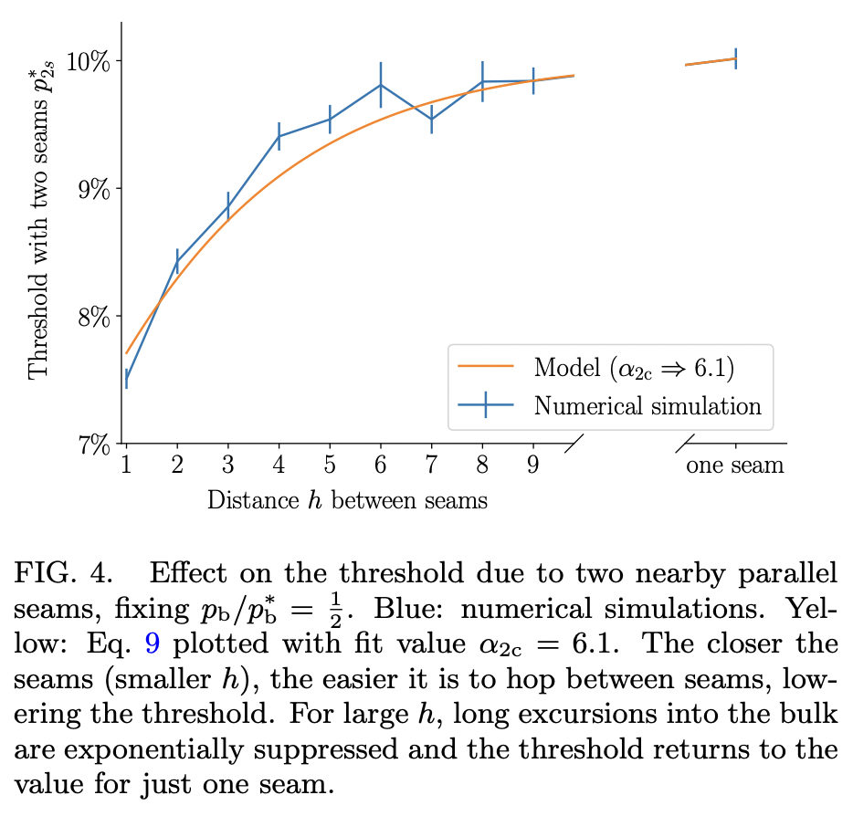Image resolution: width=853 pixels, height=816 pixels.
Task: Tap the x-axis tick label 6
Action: click(381, 465)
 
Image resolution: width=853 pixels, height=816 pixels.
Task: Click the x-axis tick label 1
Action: click(126, 465)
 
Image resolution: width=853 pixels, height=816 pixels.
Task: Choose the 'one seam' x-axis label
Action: click(735, 465)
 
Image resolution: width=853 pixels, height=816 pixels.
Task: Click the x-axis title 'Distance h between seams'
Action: click(347, 500)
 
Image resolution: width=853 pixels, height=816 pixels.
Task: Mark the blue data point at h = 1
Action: click(126, 379)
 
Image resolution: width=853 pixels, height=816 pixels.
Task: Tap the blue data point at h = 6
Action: click(381, 85)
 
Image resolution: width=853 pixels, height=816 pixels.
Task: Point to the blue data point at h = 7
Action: click(431, 119)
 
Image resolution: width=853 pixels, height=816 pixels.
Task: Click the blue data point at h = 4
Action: click(279, 136)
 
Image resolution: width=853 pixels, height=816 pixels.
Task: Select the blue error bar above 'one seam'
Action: click(735, 58)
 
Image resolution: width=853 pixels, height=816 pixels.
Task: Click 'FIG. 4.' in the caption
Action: click(64, 575)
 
